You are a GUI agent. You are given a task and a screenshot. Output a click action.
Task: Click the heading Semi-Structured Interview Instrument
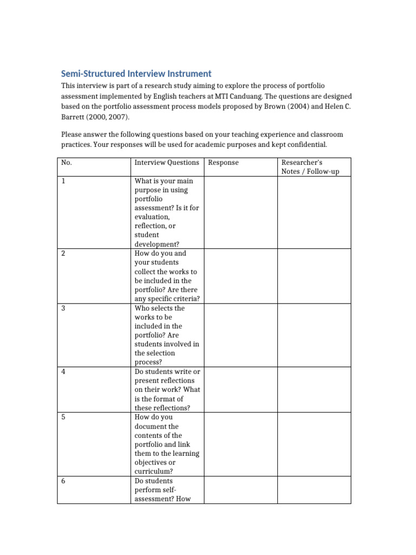pyautogui.click(x=136, y=74)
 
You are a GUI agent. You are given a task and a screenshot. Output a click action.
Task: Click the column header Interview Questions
pyautogui.click(x=167, y=163)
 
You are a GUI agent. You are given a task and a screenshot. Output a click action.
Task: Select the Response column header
pyautogui.click(x=223, y=163)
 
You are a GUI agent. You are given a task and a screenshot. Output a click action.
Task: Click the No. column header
pyautogui.click(x=67, y=163)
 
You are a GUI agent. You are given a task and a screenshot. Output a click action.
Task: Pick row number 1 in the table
pyautogui.click(x=64, y=181)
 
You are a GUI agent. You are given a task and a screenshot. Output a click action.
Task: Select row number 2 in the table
pyautogui.click(x=64, y=254)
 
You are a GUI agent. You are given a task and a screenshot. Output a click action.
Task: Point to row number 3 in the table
pyautogui.click(x=64, y=308)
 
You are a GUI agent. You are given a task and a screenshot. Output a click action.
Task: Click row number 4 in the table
pyautogui.click(x=64, y=372)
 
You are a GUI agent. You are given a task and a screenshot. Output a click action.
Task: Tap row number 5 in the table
pyautogui.click(x=64, y=417)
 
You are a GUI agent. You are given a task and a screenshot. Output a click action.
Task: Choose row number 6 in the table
pyautogui.click(x=64, y=481)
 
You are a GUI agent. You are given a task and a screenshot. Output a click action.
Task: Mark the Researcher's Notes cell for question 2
pyautogui.click(x=314, y=276)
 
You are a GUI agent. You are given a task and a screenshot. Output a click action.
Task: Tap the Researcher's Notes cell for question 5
pyautogui.click(x=314, y=444)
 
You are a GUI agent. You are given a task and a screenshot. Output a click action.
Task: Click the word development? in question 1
pyautogui.click(x=157, y=244)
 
